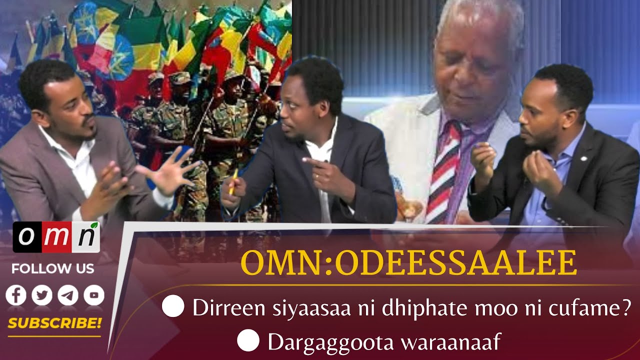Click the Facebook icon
(15, 295)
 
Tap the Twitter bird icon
(42, 295)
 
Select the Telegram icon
(68, 295)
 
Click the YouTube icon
(94, 295)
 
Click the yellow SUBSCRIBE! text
(54, 323)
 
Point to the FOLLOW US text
(52, 268)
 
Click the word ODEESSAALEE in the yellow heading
(455, 263)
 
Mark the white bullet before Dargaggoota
(248, 341)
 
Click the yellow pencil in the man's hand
(233, 179)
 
